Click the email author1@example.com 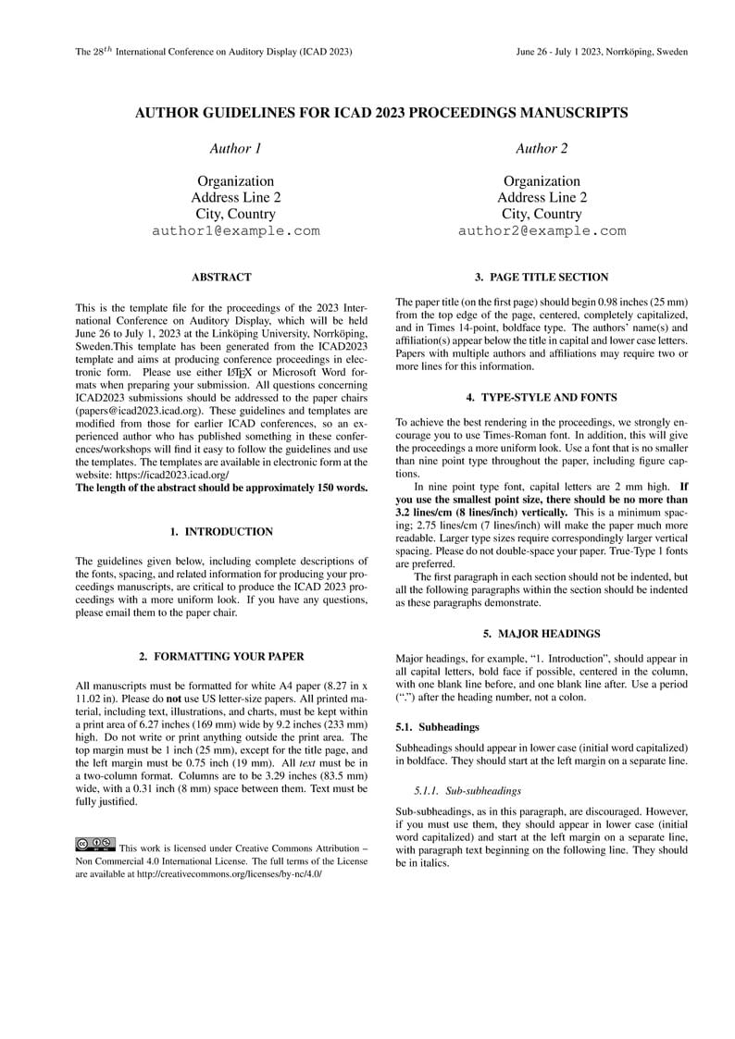(235, 231)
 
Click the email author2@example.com (542, 231)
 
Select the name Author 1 (235, 148)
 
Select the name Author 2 (542, 148)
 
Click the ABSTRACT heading (221, 277)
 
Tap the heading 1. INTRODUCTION (221, 532)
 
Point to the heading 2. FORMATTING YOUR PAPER (221, 657)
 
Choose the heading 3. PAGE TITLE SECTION (542, 277)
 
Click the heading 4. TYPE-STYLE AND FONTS (542, 398)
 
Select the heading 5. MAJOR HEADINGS (542, 634)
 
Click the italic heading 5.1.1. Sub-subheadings (468, 791)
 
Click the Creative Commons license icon (94, 844)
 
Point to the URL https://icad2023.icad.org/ (172, 475)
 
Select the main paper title (381, 113)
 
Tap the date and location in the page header (602, 53)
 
